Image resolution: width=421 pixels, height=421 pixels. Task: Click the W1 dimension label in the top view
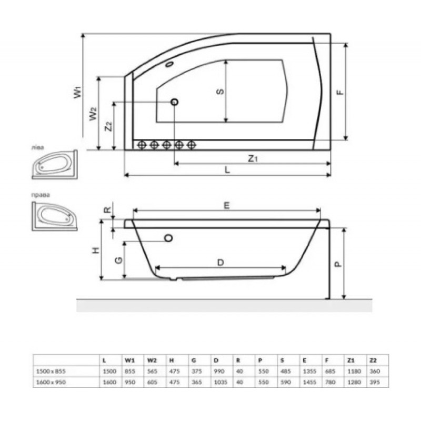(78, 93)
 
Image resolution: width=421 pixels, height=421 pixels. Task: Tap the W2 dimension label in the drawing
(93, 113)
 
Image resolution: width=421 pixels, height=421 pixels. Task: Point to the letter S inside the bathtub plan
(220, 92)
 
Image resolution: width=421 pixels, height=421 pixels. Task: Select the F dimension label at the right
(340, 92)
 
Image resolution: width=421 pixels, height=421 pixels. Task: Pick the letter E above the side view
(226, 206)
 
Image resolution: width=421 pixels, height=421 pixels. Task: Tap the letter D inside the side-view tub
(221, 262)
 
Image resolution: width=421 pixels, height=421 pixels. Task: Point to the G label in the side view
(119, 260)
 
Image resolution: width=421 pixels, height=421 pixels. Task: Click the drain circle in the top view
(174, 102)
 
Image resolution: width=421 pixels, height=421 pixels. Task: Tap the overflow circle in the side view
(168, 238)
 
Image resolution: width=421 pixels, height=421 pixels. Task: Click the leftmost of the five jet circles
(141, 145)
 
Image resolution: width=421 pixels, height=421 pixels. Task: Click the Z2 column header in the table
(373, 361)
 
